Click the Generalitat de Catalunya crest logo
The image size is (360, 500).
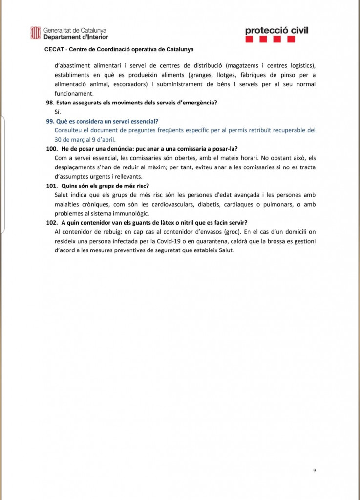pos(35,33)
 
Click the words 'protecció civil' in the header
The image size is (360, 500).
pos(276,31)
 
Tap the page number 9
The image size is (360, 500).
pos(315,470)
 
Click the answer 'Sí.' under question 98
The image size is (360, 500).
pos(58,112)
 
